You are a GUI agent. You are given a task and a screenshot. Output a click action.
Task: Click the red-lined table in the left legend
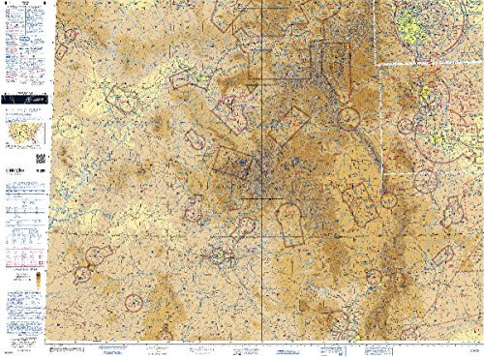tap(21, 247)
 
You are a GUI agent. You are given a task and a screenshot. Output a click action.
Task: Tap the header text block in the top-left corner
tap(21, 19)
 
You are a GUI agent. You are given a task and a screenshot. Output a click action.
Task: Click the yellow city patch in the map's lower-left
tap(219, 256)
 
